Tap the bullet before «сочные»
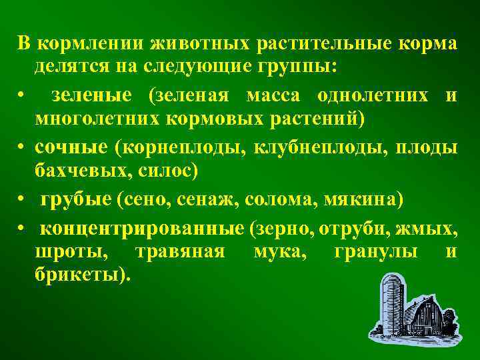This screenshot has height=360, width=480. pos(22,146)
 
